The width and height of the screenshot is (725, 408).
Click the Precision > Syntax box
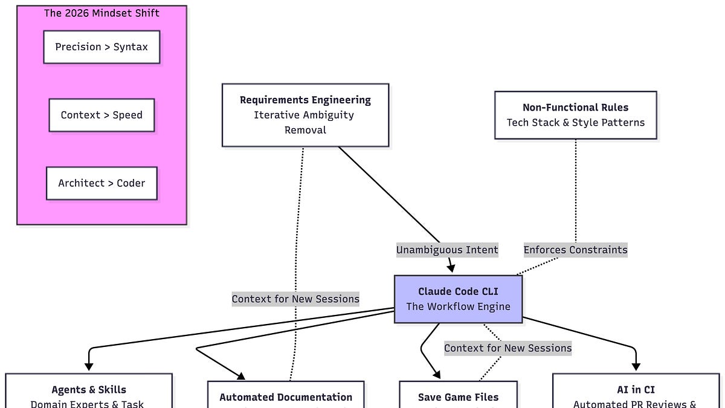[101, 47]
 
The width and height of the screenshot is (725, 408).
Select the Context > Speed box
[101, 115]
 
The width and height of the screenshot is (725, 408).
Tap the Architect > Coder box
[101, 183]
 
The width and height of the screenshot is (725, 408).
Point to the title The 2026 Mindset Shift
[101, 13]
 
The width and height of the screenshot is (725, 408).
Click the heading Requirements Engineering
[305, 100]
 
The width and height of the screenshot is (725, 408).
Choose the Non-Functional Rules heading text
[575, 108]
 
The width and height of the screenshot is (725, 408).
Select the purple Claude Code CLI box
[458, 299]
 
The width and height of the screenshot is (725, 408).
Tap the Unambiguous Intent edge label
[447, 250]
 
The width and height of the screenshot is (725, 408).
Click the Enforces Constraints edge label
[575, 250]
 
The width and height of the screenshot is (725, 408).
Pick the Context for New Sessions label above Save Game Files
[507, 348]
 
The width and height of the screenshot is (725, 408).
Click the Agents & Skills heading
[89, 390]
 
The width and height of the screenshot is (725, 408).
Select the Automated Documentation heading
[286, 397]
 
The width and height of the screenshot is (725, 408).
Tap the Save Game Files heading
[458, 397]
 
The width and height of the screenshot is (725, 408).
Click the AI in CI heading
[636, 390]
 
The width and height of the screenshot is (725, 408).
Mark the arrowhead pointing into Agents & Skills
[89, 366]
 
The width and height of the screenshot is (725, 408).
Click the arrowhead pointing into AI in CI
[636, 366]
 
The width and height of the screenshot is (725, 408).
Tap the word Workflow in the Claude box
[458, 306]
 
